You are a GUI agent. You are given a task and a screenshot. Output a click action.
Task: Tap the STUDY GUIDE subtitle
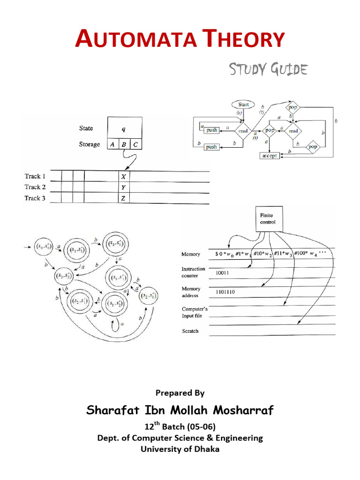coord(268,70)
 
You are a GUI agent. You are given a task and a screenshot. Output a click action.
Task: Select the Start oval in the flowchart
coord(243,105)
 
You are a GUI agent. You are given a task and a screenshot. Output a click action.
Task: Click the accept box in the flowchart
coord(270,156)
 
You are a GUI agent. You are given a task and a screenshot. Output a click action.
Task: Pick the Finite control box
coord(268,218)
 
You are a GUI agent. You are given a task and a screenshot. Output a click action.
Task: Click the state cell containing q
coord(124,128)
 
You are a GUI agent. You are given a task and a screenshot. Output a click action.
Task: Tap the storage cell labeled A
coord(112,144)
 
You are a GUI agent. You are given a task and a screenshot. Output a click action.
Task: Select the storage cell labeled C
coord(135,144)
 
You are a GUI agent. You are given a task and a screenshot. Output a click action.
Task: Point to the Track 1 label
coord(35,176)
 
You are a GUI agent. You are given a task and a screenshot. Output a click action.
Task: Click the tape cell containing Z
coord(123,198)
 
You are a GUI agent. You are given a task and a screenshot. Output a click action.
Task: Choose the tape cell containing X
coord(123,177)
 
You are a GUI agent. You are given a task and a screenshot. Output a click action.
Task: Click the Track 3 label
coord(35,198)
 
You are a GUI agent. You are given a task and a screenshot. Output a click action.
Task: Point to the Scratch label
coord(190,331)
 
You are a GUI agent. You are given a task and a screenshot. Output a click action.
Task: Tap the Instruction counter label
coord(193,272)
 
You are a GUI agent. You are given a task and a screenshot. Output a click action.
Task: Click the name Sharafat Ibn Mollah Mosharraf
coord(180,411)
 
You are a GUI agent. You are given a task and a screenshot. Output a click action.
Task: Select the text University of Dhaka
coord(180,449)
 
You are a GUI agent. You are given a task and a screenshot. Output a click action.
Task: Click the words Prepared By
coord(180,393)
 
